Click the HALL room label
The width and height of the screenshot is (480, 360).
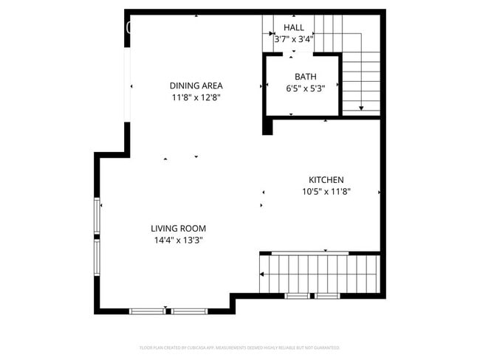pos(293,27)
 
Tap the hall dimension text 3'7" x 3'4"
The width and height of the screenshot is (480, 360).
pos(293,40)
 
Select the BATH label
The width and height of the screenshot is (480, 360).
pos(305,77)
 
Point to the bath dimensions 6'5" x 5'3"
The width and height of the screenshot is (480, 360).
pos(305,89)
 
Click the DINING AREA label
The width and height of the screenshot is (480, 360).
pos(196,86)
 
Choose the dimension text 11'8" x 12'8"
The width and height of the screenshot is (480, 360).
pos(196,97)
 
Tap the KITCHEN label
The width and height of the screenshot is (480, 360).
pos(326,180)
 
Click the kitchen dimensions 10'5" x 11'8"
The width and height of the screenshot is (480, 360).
pos(326,192)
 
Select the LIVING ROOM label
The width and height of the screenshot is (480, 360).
pos(179,229)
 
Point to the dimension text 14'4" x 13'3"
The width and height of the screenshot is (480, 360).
pos(179,240)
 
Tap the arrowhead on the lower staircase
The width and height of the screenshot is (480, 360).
pos(262,274)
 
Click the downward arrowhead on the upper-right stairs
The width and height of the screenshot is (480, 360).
pos(361,108)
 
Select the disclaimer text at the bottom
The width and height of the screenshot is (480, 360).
pos(239,347)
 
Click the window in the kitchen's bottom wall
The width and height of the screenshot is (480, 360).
pos(312,296)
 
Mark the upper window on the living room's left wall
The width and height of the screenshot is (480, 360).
pos(97,216)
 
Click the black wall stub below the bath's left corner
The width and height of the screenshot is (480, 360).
pos(268,125)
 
